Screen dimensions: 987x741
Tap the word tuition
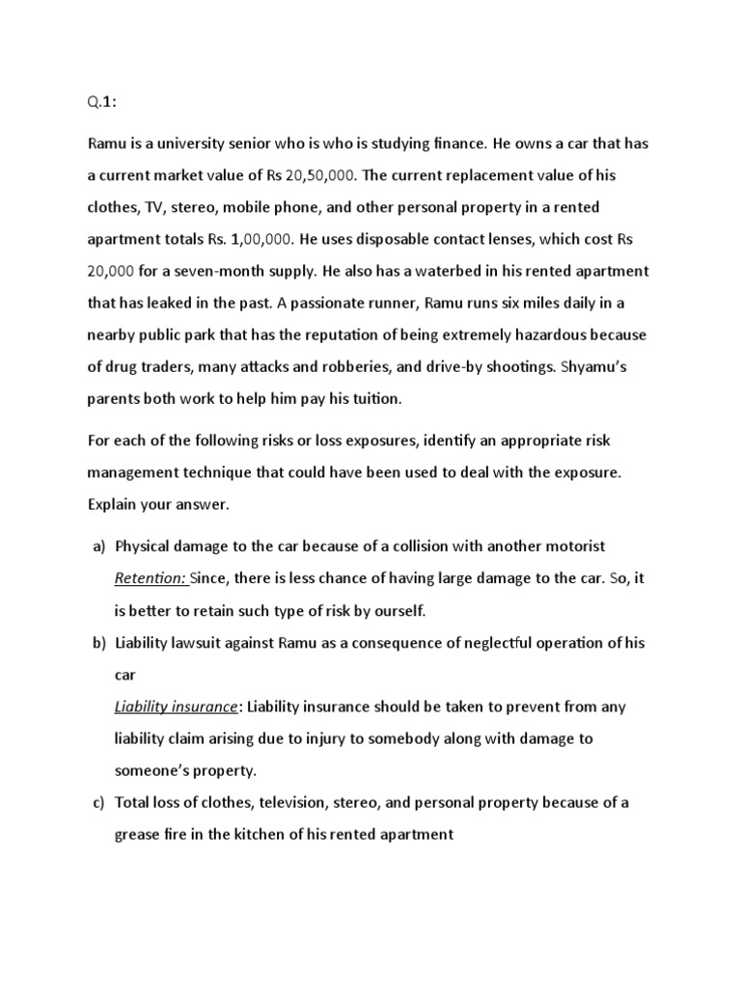(x=362, y=397)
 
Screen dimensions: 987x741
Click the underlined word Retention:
(x=151, y=578)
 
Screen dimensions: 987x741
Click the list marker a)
(x=98, y=547)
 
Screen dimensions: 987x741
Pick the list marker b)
(x=98, y=643)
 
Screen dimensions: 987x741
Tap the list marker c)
(x=98, y=802)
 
